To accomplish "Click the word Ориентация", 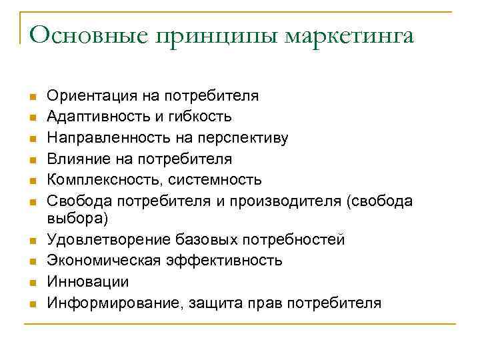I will pyautogui.click(x=92, y=96).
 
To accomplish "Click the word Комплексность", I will pyautogui.click(x=104, y=179).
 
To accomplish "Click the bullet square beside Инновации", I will pyautogui.click(x=31, y=282).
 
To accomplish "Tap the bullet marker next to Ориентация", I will pyautogui.click(x=31, y=97).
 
